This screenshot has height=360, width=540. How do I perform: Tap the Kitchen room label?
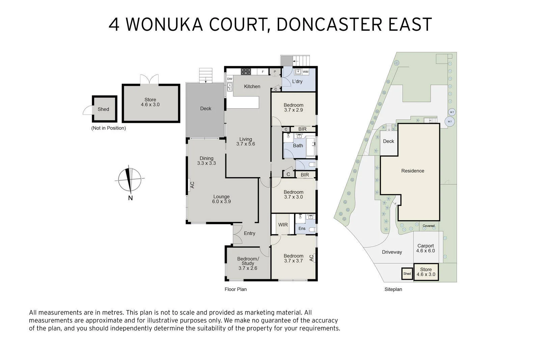tap(252, 86)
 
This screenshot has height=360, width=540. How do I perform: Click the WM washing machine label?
tap(305, 72)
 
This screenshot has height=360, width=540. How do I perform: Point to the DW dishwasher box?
tap(230, 79)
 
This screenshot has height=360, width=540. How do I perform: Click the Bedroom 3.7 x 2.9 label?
tap(293, 107)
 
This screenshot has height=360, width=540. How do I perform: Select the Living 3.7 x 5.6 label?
tap(246, 141)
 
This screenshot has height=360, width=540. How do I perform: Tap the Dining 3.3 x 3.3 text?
tap(207, 161)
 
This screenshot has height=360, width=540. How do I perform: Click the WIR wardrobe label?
tap(283, 224)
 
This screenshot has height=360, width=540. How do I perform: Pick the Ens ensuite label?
tap(302, 228)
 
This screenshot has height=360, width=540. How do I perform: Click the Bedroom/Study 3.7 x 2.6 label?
tap(248, 264)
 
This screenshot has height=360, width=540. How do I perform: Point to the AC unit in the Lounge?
tap(192, 185)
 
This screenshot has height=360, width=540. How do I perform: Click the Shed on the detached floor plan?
tap(103, 109)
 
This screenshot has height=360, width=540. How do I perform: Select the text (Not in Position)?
tap(108, 128)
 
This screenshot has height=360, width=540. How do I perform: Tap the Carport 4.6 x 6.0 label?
tap(425, 248)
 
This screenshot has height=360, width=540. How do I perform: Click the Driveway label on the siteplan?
tap(392, 252)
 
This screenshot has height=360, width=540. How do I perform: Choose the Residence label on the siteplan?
tap(412, 171)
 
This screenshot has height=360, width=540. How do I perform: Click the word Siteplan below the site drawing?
tap(393, 289)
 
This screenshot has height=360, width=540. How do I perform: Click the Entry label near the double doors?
tap(249, 233)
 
